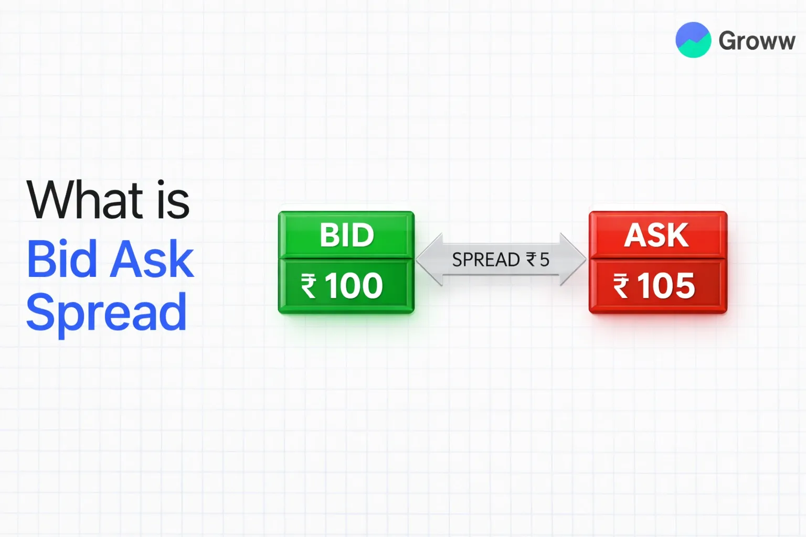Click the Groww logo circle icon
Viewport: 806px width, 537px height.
click(x=693, y=40)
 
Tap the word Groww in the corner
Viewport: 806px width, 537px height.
click(x=757, y=41)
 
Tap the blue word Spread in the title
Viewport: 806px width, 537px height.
click(x=106, y=313)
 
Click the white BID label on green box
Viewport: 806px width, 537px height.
click(x=347, y=235)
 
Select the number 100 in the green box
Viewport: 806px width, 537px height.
click(x=354, y=286)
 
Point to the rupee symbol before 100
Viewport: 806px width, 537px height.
click(x=309, y=287)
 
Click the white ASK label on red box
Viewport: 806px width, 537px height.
click(x=656, y=235)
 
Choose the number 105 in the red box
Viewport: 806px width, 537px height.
click(x=666, y=286)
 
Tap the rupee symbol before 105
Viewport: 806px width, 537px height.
click(x=621, y=287)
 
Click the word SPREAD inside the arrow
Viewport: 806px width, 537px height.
click(x=485, y=260)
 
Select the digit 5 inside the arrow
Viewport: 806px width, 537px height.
click(x=544, y=260)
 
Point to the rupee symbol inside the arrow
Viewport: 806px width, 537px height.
click(x=532, y=260)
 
